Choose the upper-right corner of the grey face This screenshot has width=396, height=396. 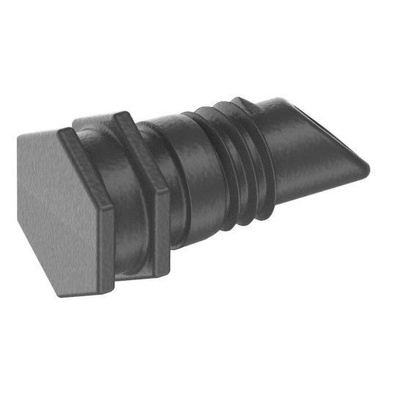coord(59,133)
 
